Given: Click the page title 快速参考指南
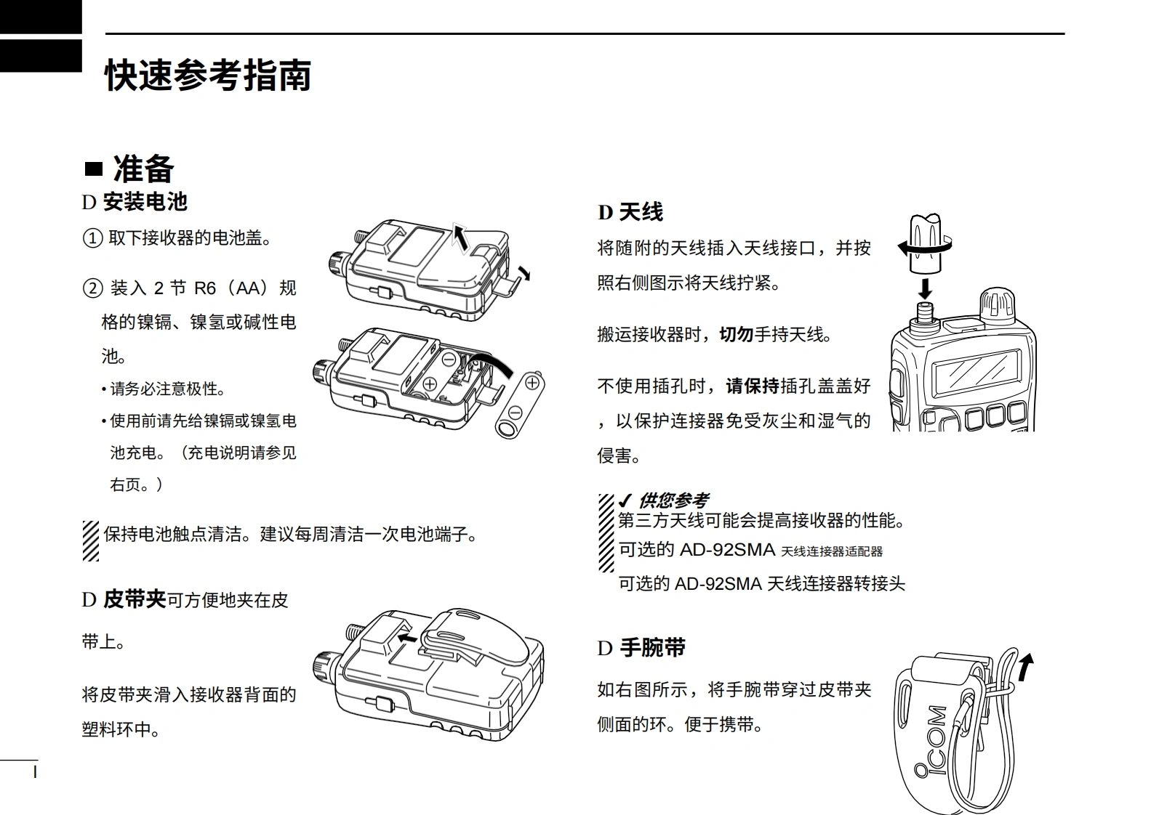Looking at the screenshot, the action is coord(208,76).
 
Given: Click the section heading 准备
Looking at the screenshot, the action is coord(143,169).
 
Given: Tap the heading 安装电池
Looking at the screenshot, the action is coord(145,202).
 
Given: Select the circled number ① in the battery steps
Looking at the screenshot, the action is coord(92,238).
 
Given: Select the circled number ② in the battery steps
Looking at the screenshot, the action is coord(92,288).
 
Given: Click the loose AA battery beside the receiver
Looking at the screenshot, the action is coord(519,405).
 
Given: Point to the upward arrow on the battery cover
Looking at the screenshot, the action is coord(460,237).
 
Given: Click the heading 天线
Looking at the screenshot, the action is coord(641,212).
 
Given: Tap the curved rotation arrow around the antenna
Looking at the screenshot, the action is coord(923,248).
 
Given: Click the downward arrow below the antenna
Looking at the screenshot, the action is coord(925,288).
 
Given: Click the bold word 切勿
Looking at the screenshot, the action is coord(736,334).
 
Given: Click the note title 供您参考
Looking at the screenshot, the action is coord(673,500).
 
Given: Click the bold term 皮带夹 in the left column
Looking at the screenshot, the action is coord(135,600).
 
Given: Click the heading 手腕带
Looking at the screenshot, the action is coord(652,648).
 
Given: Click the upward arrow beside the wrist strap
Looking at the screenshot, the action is coord(1025,667).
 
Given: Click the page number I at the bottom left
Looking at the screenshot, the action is coord(35,771).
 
